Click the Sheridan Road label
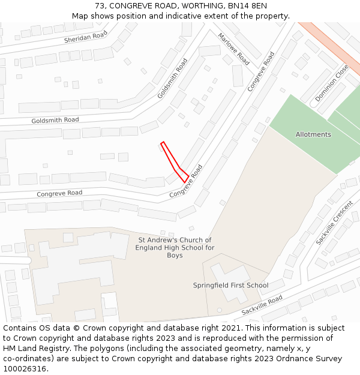pyautogui.click(x=86, y=37)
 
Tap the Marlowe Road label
pyautogui.click(x=233, y=49)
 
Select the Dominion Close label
pyautogui.click(x=331, y=83)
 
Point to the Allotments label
pyautogui.click(x=313, y=134)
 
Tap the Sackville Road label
pyautogui.click(x=262, y=305)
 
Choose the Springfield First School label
pyautogui.click(x=230, y=285)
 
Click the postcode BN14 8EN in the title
pyautogui.click(x=251, y=6)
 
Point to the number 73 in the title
pyautogui.click(x=99, y=6)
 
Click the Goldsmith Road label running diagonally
pyautogui.click(x=172, y=78)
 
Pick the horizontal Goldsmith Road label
pyautogui.click(x=55, y=121)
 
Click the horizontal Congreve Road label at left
pyautogui.click(x=59, y=193)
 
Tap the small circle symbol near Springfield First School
pyautogui.click(x=219, y=310)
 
